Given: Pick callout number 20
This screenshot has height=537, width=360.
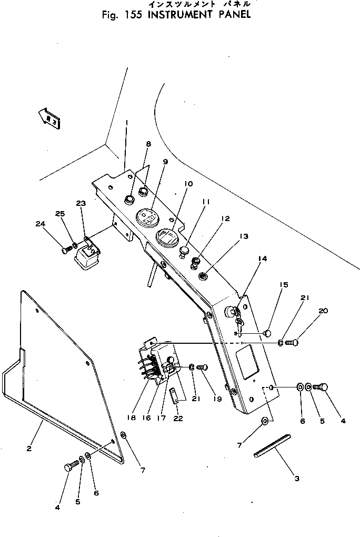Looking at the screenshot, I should (323, 311).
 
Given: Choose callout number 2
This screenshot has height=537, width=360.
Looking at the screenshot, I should (28, 449).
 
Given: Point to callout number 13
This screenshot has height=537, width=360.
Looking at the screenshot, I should (243, 237).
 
